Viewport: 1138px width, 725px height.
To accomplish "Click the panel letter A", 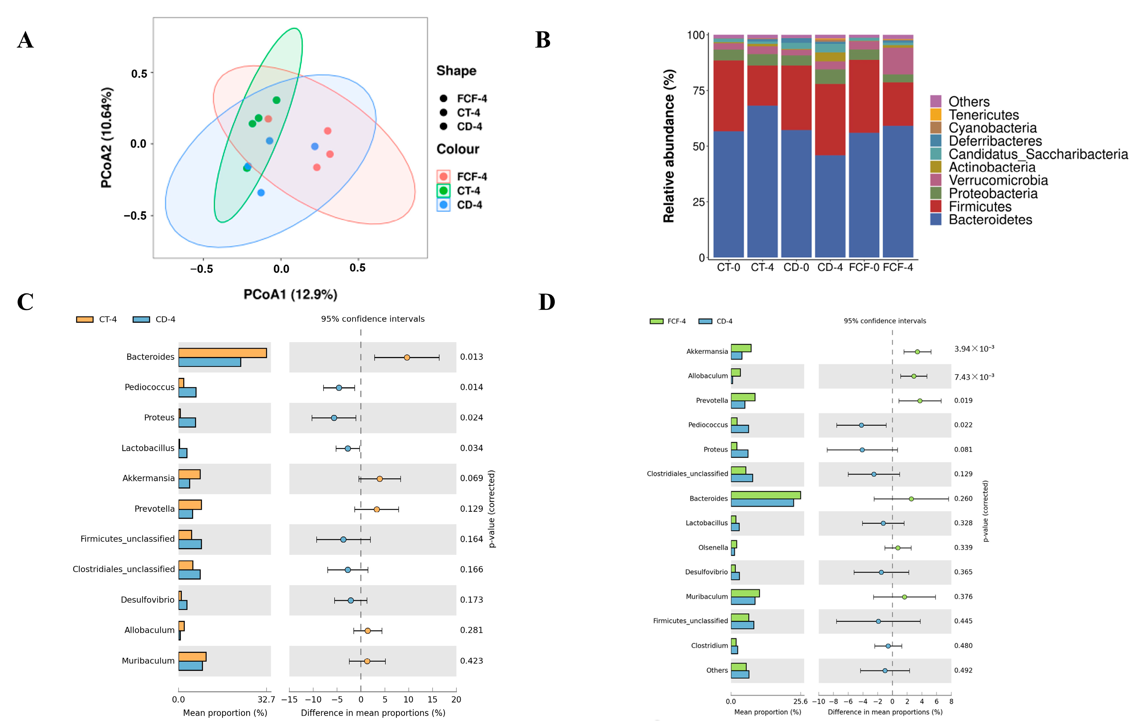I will point(26,40).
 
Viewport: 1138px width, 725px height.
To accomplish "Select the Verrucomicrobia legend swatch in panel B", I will point(935,180).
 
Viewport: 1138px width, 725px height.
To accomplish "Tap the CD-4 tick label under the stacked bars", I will point(830,268).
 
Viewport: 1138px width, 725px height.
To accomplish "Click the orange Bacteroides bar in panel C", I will point(222,353).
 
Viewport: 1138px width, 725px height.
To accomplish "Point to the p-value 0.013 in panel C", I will point(471,357).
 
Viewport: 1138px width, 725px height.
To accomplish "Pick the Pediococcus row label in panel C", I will point(149,387).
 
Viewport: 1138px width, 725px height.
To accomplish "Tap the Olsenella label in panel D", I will point(713,548).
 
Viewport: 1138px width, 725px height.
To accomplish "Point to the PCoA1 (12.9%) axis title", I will point(290,295).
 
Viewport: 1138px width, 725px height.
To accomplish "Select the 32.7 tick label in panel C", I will point(266,699).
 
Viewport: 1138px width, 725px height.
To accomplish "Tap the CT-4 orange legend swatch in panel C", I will point(85,320).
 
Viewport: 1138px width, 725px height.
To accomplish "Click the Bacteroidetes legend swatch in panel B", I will point(935,219).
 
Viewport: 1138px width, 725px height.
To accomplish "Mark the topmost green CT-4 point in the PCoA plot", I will point(276,100).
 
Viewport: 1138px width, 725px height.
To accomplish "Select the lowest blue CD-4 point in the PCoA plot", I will point(261,193).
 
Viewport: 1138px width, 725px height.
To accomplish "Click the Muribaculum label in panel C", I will point(148,661).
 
